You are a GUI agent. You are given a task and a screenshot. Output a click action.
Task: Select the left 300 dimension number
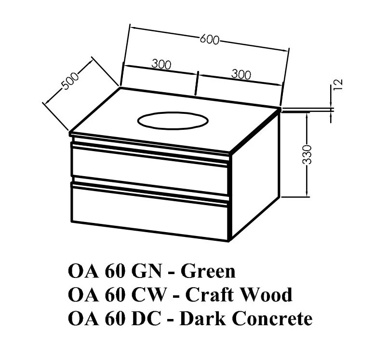point(161,64)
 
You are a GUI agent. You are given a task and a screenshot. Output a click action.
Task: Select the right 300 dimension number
point(241,75)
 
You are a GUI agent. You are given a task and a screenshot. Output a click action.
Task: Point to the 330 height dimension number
point(308,153)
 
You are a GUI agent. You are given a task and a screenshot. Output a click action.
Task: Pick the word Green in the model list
point(208,271)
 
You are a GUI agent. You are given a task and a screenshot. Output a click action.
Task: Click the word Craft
point(206,294)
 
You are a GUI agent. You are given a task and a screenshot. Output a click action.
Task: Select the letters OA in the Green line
point(82,271)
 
